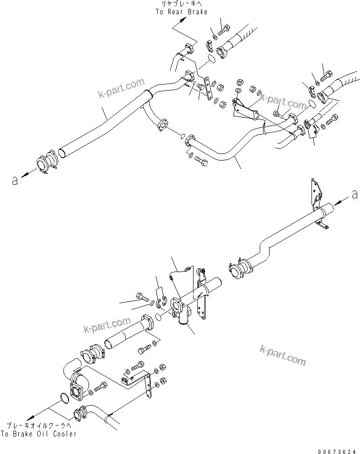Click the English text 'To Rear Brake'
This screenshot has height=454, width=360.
pyautogui.click(x=182, y=12)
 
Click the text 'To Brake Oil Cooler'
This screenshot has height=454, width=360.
pyautogui.click(x=39, y=434)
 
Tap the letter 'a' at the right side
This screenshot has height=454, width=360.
pyautogui.click(x=354, y=193)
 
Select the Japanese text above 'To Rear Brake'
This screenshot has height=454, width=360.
pyautogui.click(x=182, y=4)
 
